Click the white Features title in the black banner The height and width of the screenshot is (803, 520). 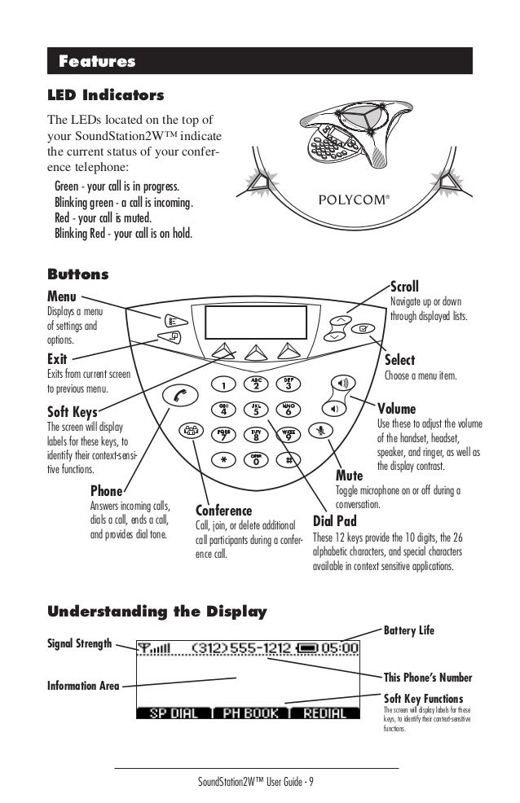pos(96,62)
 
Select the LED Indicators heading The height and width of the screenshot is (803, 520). pos(106,96)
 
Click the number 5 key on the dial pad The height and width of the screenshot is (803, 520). pos(256,410)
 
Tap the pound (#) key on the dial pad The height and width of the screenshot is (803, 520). pos(289,459)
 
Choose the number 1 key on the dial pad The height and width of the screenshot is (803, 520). pos(223,384)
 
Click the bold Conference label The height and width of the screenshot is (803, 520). pos(224,511)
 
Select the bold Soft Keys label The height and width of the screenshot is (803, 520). pos(73,412)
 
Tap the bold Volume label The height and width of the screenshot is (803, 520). pos(396,408)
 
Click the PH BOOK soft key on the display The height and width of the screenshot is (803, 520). pos(249,713)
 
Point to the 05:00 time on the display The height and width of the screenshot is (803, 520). pos(341,648)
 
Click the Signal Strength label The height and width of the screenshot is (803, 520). pos(80,644)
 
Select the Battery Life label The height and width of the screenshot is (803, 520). pos(408,630)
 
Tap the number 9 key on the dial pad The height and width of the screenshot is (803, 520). pos(289,435)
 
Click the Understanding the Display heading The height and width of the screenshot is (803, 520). pos(156,611)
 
